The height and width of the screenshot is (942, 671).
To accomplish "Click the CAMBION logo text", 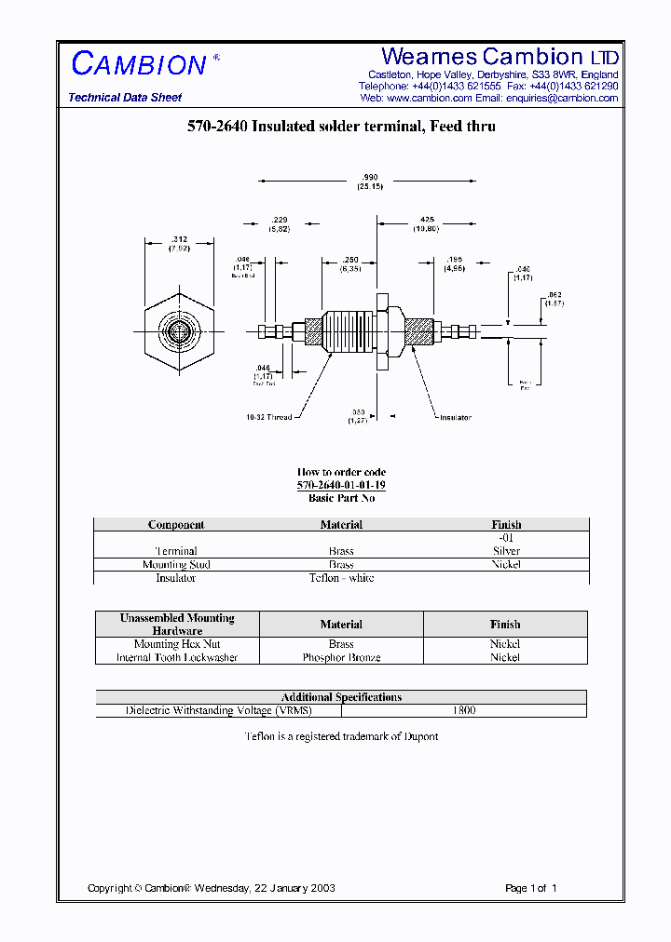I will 139,64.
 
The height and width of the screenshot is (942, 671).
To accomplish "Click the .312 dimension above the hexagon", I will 179,239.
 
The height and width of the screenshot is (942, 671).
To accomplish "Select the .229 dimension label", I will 279,220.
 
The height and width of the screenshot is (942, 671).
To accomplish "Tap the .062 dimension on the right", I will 555,294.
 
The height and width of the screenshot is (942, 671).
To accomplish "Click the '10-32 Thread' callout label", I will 269,417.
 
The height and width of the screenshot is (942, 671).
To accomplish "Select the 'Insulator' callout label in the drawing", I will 456,417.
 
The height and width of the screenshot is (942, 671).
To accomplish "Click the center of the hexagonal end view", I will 179,330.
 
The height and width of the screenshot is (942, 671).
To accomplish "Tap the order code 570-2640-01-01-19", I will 341,485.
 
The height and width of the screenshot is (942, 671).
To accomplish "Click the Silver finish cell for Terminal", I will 506,551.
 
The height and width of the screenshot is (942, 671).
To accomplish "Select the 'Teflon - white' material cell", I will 341,578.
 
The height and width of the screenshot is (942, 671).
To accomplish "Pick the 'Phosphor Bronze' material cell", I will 341,657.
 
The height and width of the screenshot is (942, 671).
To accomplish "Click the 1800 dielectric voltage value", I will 463,710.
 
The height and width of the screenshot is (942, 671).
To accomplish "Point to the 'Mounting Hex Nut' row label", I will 177,644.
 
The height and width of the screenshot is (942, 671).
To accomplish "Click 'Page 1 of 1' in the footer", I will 530,888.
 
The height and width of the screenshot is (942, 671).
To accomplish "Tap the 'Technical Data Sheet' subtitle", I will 125,98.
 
